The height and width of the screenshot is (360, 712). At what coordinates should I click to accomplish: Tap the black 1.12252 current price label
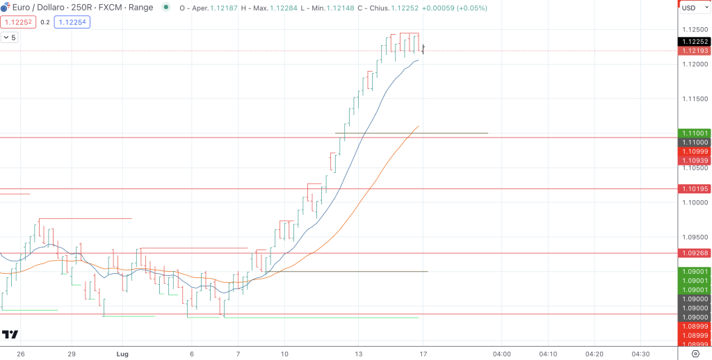695,42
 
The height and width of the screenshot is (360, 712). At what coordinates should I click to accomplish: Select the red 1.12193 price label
695,51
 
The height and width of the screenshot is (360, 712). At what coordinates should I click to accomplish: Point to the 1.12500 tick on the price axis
695,29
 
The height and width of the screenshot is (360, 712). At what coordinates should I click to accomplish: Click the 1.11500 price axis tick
695,99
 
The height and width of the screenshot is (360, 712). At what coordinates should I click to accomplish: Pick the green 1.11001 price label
695,133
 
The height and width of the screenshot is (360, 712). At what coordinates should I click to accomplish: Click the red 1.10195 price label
695,189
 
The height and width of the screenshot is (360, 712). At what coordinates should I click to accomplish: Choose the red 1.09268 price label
695,253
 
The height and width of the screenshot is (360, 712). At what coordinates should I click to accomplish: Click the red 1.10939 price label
695,160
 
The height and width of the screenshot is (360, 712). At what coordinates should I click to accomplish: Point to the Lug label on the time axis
122,354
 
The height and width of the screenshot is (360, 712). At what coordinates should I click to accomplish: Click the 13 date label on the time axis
358,354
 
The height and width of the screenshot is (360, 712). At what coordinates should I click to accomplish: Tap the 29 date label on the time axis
72,354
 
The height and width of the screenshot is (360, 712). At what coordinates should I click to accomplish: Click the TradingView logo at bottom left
10,335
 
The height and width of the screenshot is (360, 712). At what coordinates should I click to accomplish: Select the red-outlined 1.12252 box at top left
16,22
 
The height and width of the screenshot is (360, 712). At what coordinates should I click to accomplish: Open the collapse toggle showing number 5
10,38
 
